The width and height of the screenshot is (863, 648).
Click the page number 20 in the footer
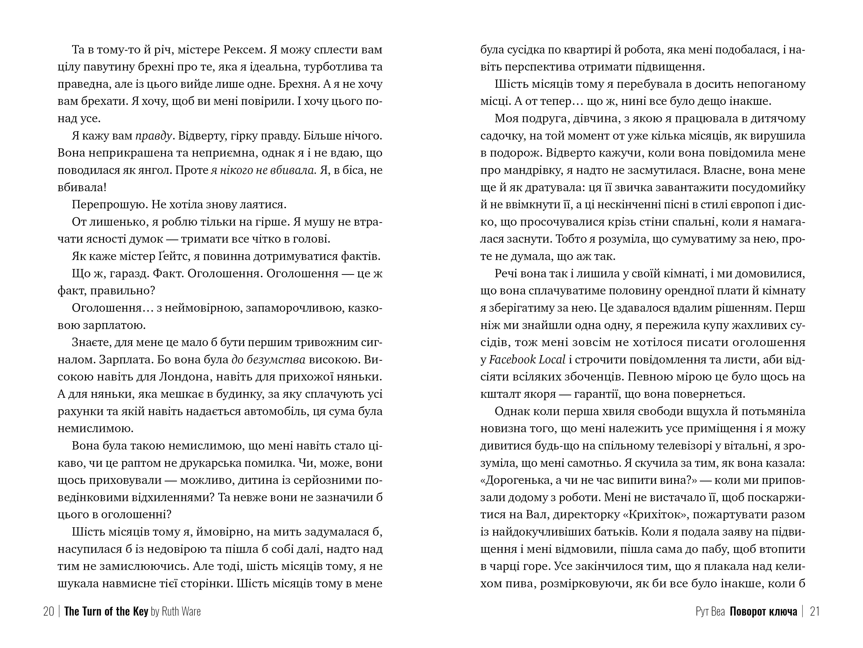tap(48, 611)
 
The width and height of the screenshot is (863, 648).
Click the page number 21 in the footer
tap(815, 611)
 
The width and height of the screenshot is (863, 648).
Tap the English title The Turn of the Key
tap(106, 611)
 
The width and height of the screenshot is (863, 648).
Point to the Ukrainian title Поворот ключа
tap(764, 611)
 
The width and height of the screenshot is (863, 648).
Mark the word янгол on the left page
tap(155, 170)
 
